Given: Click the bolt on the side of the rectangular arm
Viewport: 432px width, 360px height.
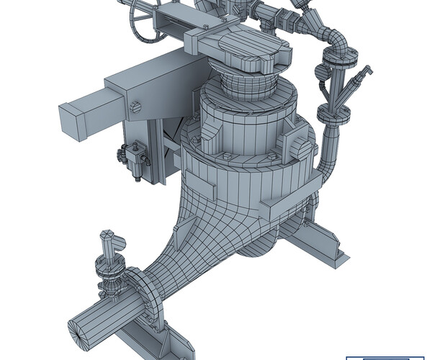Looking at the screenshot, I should coord(135,108).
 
